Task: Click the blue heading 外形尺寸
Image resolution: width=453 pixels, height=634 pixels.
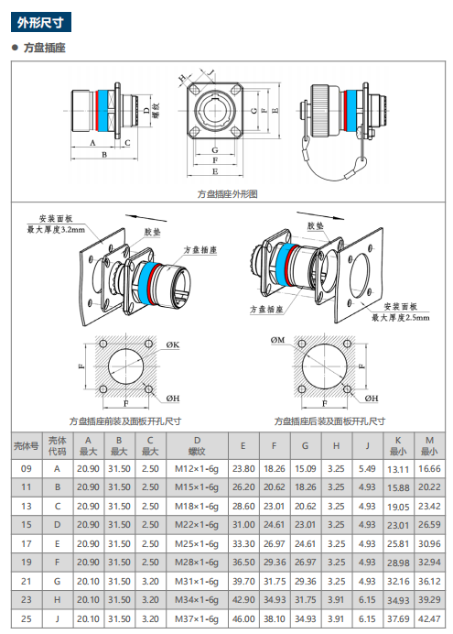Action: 41,22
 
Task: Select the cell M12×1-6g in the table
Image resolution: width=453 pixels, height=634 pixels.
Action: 197,468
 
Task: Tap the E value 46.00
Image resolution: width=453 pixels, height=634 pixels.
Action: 243,618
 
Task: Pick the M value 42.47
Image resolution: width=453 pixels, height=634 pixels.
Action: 429,618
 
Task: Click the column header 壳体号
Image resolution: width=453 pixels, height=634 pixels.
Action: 27,445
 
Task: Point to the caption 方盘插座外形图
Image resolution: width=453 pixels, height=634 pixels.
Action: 227,194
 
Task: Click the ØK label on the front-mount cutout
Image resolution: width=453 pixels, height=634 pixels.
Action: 172,344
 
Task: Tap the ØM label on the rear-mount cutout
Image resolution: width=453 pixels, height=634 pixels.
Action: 278,340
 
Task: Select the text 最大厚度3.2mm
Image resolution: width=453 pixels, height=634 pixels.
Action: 56,230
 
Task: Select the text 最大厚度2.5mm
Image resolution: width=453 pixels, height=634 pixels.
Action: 401,318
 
